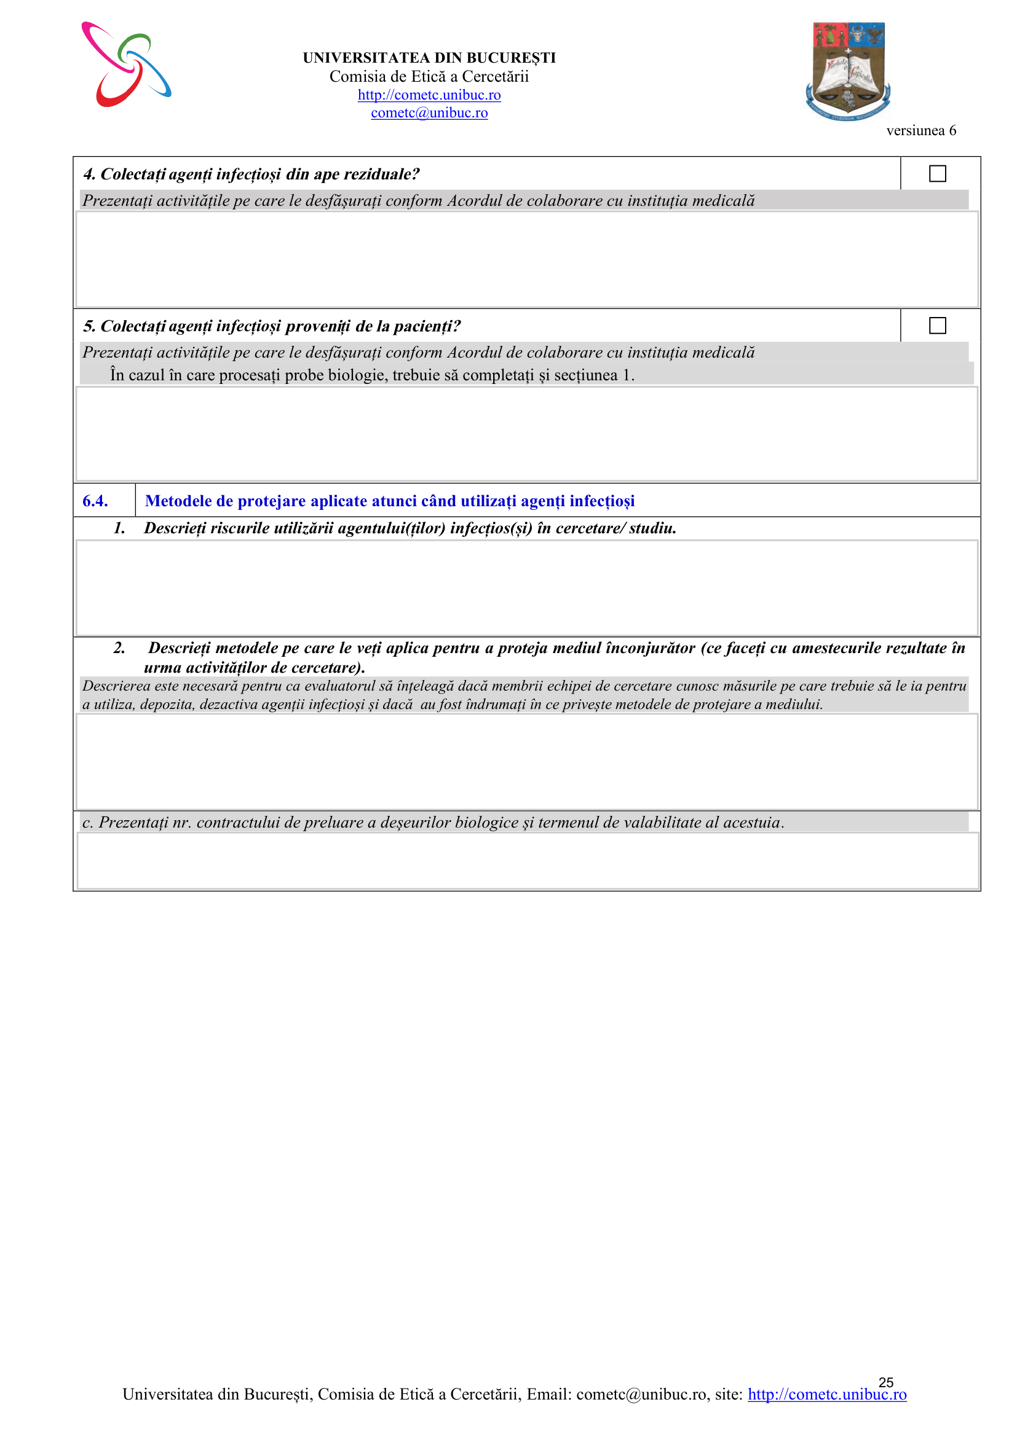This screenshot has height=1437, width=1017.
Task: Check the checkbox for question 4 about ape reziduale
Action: click(x=937, y=173)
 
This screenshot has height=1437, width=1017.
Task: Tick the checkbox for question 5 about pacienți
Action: click(x=937, y=326)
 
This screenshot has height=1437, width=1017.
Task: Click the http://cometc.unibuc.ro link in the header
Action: click(x=429, y=95)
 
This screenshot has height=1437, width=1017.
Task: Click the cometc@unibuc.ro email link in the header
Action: click(x=429, y=112)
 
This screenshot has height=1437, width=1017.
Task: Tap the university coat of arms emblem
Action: click(x=848, y=70)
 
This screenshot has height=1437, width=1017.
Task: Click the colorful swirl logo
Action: click(x=126, y=65)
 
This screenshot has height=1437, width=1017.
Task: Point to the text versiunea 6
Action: click(x=920, y=130)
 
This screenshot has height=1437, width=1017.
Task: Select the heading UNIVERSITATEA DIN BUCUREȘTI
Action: click(x=429, y=58)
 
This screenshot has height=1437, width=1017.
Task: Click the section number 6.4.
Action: click(x=95, y=501)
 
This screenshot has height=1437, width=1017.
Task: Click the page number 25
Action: click(x=885, y=1382)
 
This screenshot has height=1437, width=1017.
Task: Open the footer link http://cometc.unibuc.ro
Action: click(x=826, y=1394)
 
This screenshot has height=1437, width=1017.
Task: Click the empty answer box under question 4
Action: click(x=527, y=259)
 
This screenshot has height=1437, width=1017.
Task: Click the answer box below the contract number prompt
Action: click(x=527, y=860)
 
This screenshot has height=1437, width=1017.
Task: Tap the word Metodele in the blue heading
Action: click(x=178, y=501)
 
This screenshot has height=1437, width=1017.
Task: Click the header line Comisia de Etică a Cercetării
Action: click(x=429, y=76)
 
